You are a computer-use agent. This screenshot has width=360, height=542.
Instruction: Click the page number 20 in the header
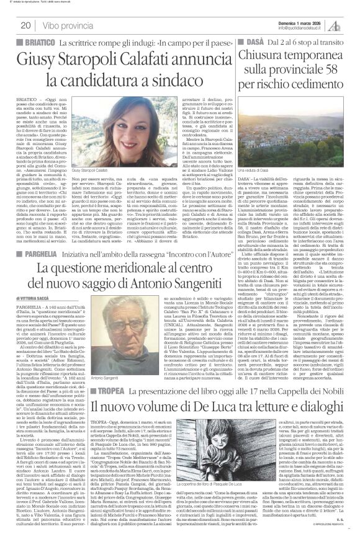(25, 25)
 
